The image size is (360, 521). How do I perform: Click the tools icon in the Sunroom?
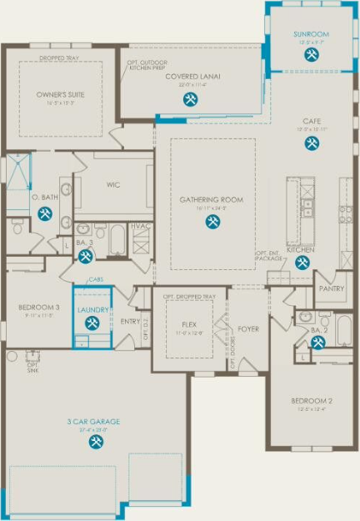pyautogui.click(x=312, y=54)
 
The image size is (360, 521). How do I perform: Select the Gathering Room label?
pyautogui.click(x=212, y=199)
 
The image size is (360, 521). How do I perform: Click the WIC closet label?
pyautogui.click(x=113, y=184)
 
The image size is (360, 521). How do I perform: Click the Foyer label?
pyautogui.click(x=247, y=328)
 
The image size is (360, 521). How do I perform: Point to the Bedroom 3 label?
pyautogui.click(x=39, y=307)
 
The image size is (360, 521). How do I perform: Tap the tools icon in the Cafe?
pyautogui.click(x=312, y=143)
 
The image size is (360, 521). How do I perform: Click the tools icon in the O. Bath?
pyautogui.click(x=45, y=213)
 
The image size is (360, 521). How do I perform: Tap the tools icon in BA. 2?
pyautogui.click(x=317, y=342)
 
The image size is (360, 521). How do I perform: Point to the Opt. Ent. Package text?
pyautogui.click(x=269, y=256)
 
